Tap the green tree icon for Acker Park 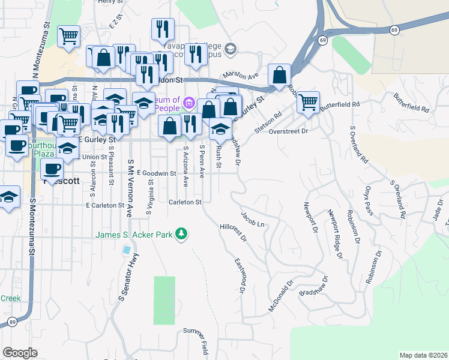(181, 233)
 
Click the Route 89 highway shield (13, 322)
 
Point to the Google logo (20, 352)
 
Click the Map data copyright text (423, 355)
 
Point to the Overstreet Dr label (288, 131)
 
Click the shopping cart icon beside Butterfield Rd (308, 101)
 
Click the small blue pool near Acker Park (126, 249)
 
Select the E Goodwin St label (156, 173)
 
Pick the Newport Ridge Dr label (334, 233)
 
